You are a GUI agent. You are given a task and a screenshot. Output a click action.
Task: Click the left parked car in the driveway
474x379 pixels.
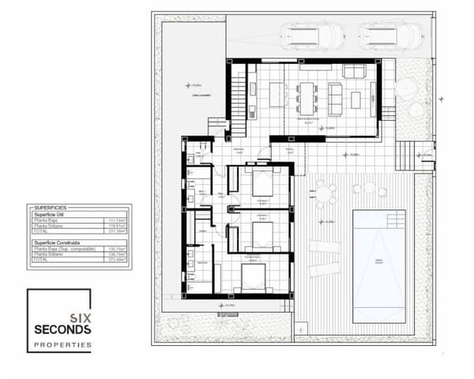pyautogui.click(x=311, y=36)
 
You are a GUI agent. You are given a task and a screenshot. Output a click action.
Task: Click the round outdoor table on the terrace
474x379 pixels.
pyautogui.click(x=324, y=192)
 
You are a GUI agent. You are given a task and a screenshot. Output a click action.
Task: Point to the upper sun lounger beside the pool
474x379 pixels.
pyautogui.click(x=324, y=246)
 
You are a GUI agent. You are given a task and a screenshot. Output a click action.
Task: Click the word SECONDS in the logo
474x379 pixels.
pyautogui.click(x=62, y=328)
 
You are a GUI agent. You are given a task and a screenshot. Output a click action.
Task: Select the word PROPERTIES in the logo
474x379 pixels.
pyautogui.click(x=62, y=345)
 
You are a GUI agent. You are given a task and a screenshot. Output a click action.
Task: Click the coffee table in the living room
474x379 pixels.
pyautogui.click(x=355, y=99)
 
